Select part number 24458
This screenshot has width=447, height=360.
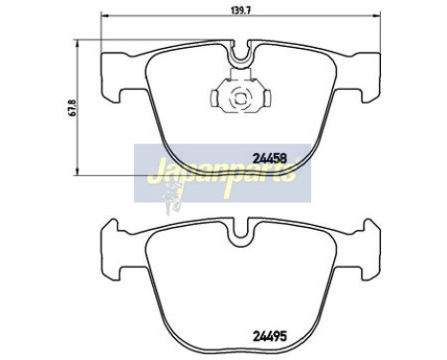click(271, 158)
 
